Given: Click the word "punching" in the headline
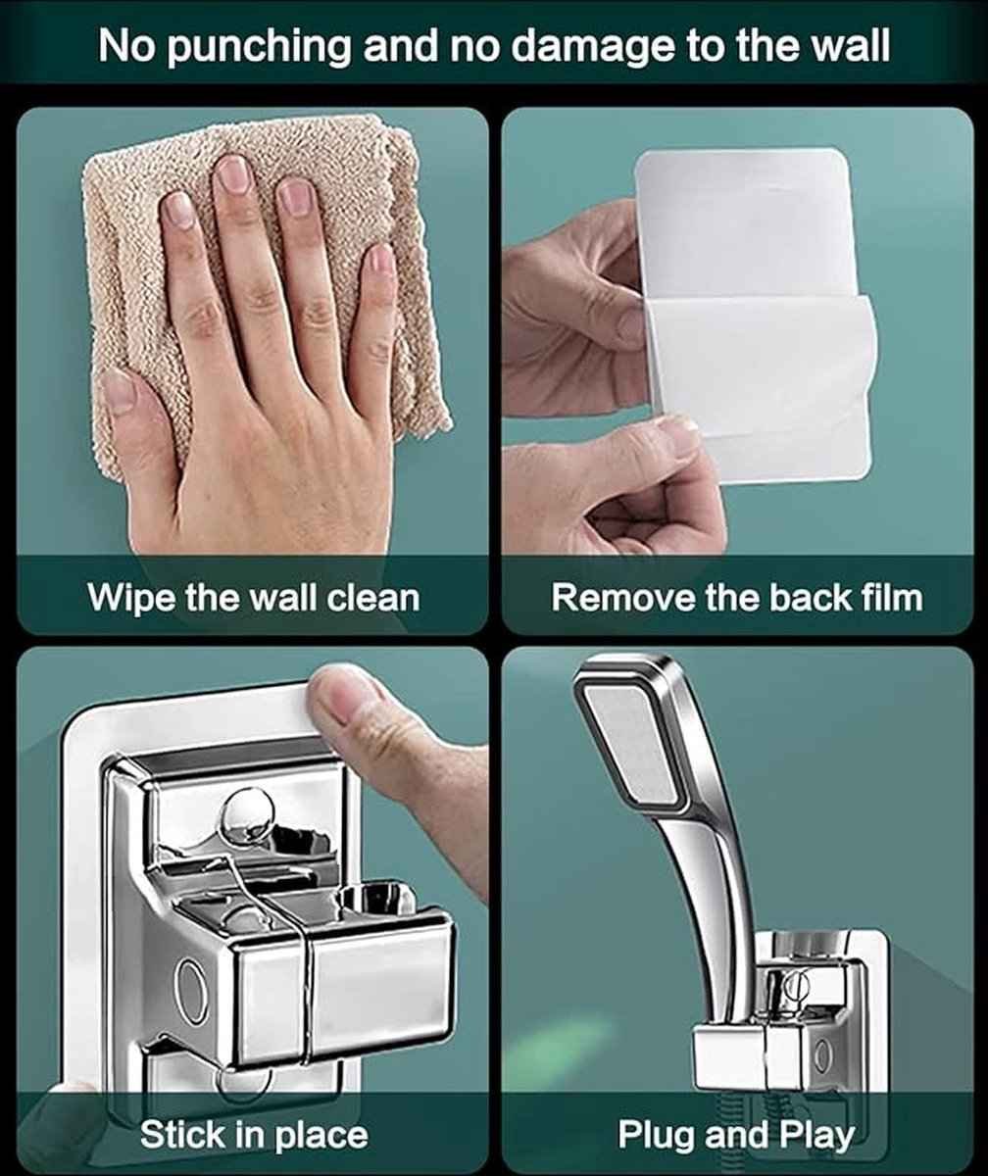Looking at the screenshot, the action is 258,49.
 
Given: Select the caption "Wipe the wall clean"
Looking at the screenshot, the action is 254,597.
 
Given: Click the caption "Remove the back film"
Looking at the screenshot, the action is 737,597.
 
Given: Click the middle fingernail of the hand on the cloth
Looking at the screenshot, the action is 232,172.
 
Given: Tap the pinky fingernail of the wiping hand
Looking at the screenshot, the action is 382,261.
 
